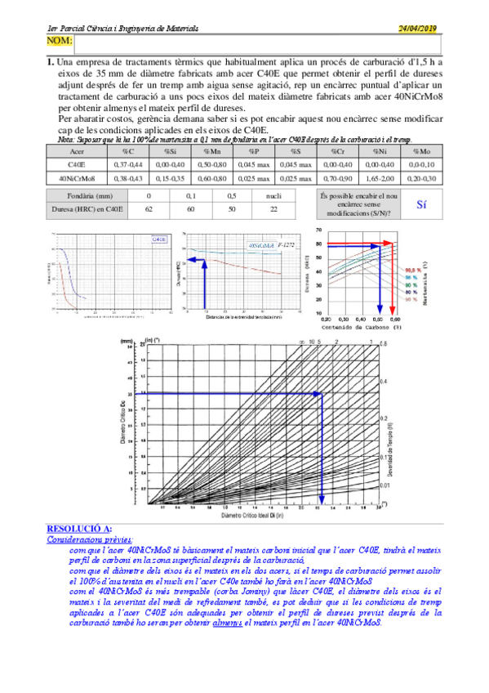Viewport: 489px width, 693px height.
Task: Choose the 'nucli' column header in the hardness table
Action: pos(273,196)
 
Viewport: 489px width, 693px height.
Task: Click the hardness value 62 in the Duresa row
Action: pos(149,209)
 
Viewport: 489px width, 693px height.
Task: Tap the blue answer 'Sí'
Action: pos(421,205)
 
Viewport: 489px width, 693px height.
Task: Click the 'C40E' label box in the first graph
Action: pos(159,239)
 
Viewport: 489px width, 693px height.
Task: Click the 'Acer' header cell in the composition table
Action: pos(78,151)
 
